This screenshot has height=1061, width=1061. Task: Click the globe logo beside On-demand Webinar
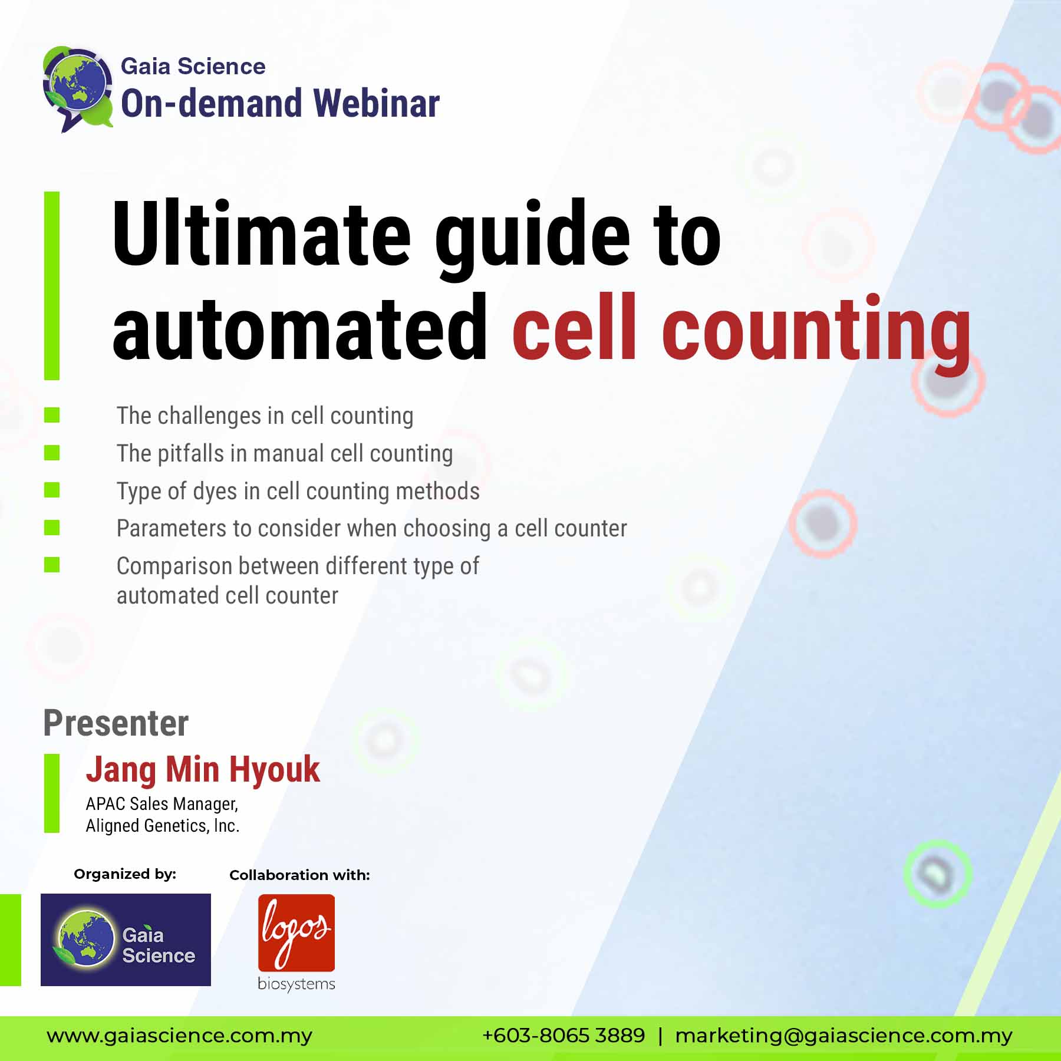tap(78, 88)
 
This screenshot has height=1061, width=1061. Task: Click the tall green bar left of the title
tap(52, 285)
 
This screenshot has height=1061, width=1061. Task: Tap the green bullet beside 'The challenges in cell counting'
tap(52, 415)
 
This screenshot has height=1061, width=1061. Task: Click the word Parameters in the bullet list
tap(172, 528)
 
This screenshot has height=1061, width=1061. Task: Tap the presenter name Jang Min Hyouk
tap(203, 770)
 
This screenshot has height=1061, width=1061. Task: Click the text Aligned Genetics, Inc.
tap(163, 826)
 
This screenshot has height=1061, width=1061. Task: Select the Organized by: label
tap(125, 874)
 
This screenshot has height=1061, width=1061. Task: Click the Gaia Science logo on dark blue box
tap(126, 940)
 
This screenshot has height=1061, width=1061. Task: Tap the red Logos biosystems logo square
tap(296, 933)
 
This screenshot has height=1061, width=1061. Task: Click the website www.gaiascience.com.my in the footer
tap(180, 1036)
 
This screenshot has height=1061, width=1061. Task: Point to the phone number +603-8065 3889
tap(564, 1035)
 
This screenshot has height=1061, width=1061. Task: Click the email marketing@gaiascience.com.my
tap(843, 1036)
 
